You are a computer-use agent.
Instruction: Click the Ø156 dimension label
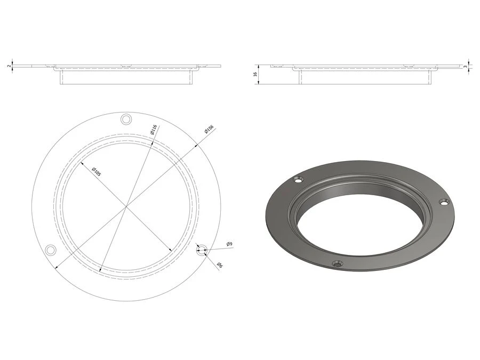(x=209, y=129)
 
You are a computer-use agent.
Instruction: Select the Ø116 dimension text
(x=154, y=129)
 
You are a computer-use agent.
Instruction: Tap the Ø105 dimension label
(x=96, y=172)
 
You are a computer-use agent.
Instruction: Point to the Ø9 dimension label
(x=229, y=244)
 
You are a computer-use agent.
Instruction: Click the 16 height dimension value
(x=255, y=74)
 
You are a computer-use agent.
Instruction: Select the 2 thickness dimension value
(x=9, y=66)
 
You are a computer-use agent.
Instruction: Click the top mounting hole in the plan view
(x=126, y=119)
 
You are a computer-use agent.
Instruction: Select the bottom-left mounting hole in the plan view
(x=51, y=250)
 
